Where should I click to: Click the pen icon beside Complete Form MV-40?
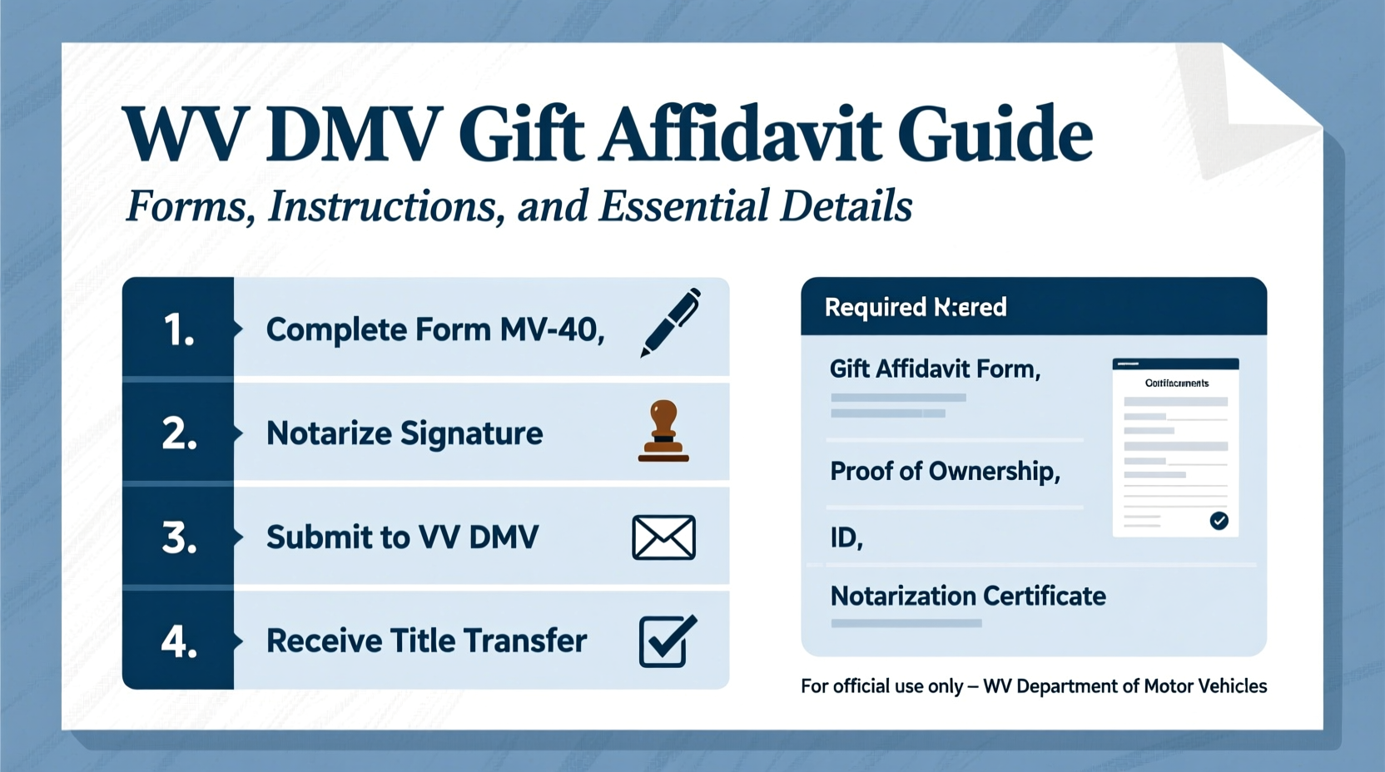tap(670, 323)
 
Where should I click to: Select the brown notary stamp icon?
tap(663, 431)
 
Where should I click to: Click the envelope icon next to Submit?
tap(663, 537)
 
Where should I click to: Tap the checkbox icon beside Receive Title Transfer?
tap(667, 641)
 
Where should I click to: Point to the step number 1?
tap(178, 330)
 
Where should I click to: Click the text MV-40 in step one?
tap(551, 330)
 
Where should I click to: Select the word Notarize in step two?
tap(329, 433)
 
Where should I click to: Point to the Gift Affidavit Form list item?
tap(935, 369)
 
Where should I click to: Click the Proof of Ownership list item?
tap(945, 472)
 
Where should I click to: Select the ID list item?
tap(846, 538)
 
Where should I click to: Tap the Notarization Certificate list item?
tap(968, 596)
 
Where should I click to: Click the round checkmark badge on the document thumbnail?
tap(1219, 521)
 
